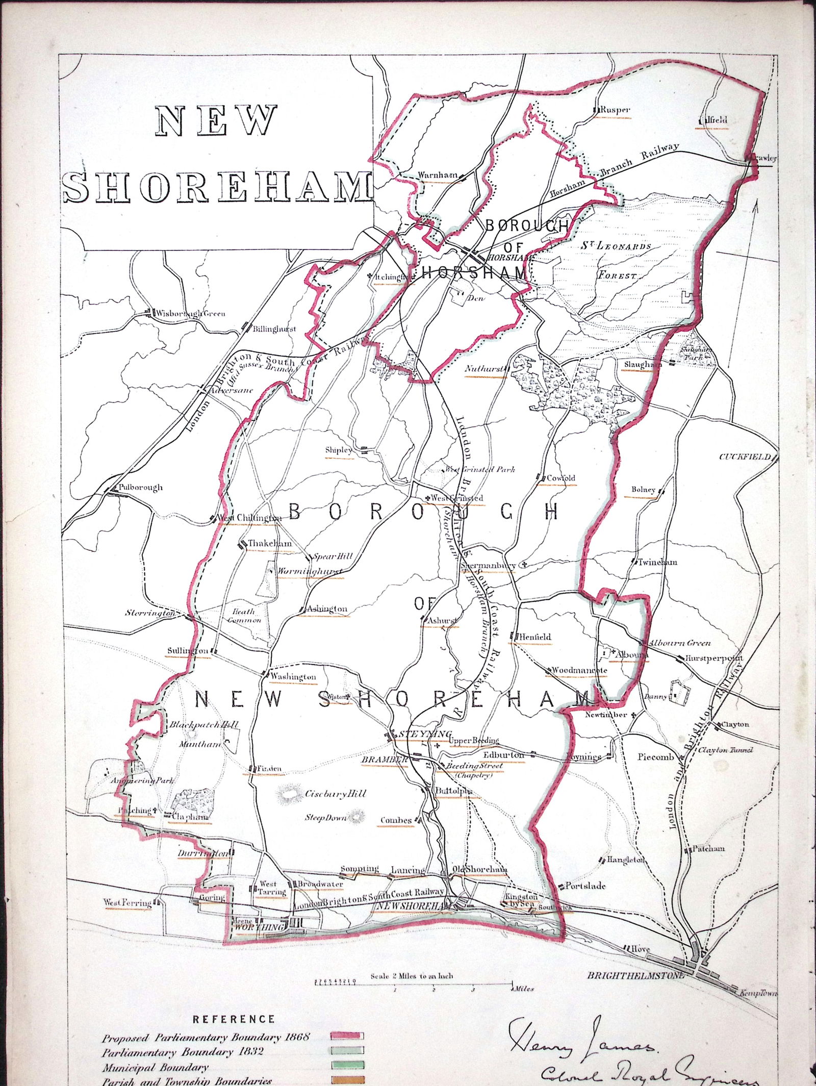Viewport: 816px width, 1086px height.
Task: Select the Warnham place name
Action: point(437,175)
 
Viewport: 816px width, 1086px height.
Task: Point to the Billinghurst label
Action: point(274,330)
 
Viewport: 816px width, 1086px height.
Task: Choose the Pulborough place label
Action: point(140,487)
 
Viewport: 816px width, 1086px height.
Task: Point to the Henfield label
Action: point(535,637)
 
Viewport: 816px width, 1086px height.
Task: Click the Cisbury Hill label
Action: point(336,794)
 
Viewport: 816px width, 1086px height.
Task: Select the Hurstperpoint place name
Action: point(714,658)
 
